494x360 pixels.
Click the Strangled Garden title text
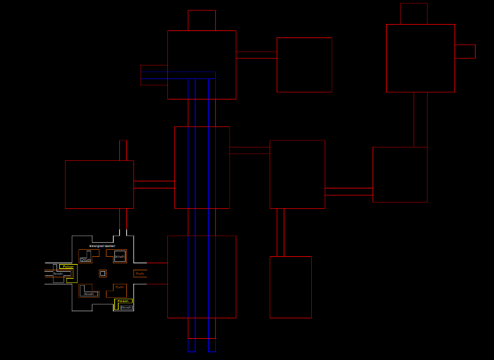coord(102,246)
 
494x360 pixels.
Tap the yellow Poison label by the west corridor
coord(67,267)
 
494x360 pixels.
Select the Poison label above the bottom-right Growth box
coord(123,301)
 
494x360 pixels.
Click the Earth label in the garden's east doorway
coord(140,273)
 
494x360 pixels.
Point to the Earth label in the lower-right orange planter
coord(119,287)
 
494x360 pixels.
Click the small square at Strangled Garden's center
coord(102,273)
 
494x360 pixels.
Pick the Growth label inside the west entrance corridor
coord(58,274)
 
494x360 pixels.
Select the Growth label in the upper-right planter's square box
coord(120,256)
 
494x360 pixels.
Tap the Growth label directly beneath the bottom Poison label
coord(126,308)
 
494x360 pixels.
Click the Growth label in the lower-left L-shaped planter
coord(89,294)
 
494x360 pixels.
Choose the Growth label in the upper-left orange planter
coord(85,260)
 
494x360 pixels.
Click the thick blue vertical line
coord(191,212)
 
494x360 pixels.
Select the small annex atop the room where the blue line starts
coord(202,20)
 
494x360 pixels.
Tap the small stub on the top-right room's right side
coord(465,51)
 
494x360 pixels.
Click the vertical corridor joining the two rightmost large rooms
coord(421,119)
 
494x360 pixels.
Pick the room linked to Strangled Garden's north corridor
coord(99,184)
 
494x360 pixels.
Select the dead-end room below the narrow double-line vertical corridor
coord(290,287)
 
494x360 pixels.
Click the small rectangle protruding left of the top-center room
coord(154,76)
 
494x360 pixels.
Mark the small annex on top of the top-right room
coord(414,13)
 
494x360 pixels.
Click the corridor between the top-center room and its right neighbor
coord(256,55)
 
